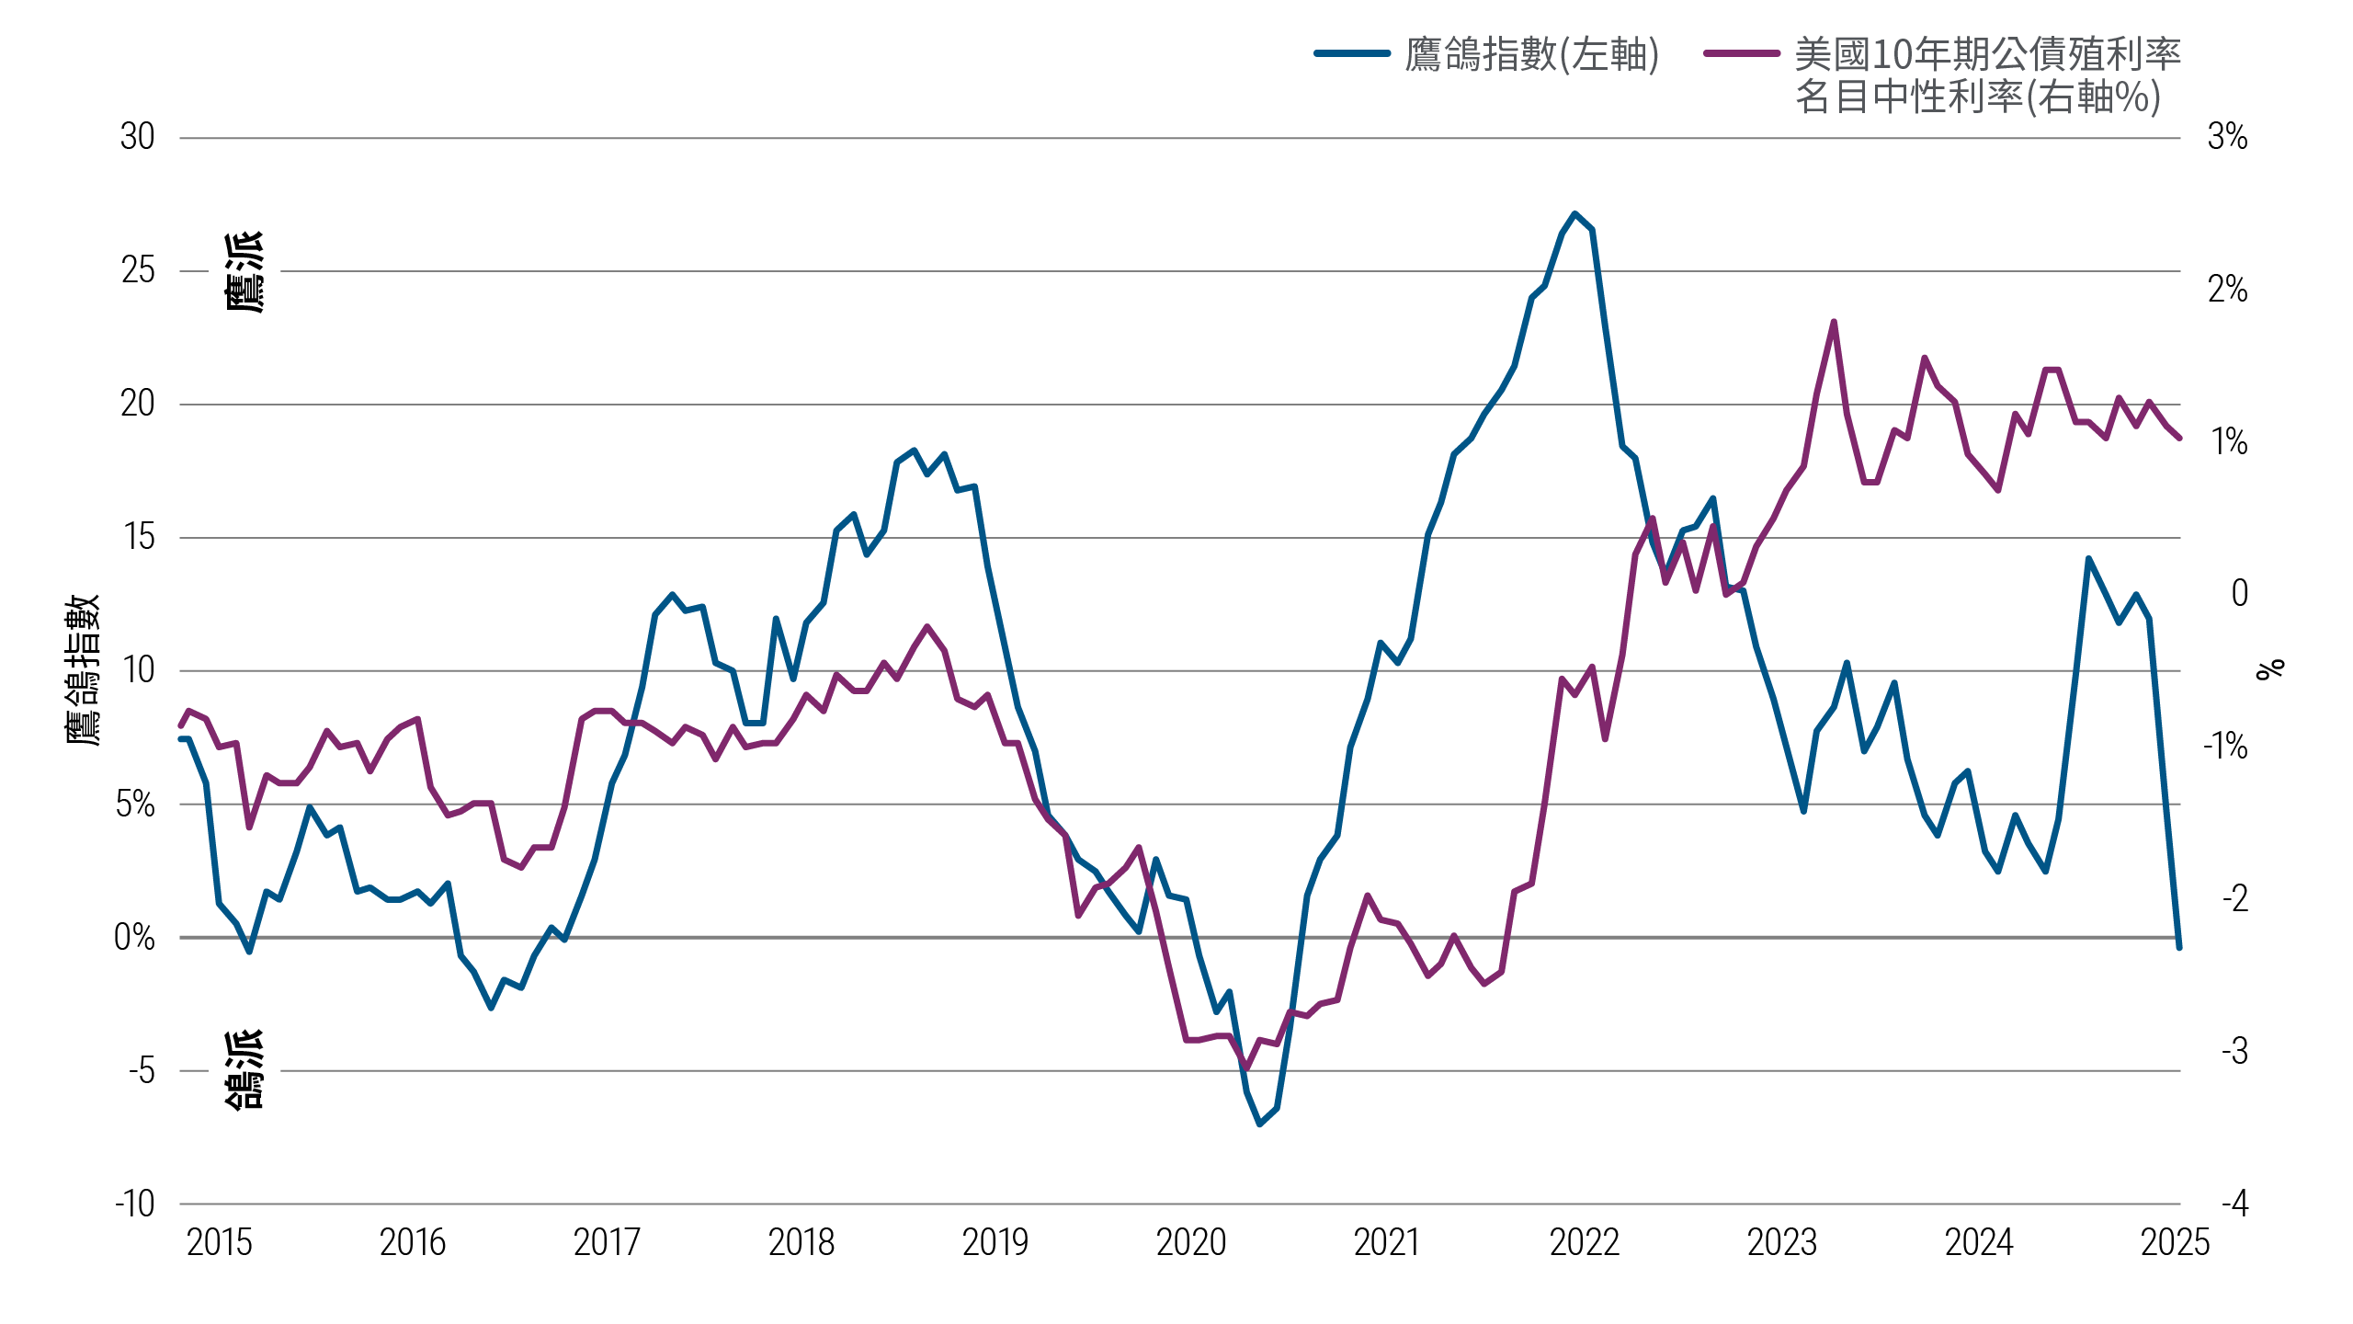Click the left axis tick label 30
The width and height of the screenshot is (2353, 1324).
point(138,138)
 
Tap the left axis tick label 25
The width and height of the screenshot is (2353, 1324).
point(138,271)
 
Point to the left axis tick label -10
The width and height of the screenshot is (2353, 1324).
point(135,1204)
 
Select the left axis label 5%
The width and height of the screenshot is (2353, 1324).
point(135,805)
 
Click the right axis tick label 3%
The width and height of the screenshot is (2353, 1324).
point(2227,138)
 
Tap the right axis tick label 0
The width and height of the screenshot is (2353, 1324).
point(2239,594)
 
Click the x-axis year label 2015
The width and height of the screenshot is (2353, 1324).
point(219,1243)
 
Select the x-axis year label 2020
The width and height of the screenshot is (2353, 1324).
point(1191,1243)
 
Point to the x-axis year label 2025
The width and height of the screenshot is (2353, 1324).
point(2175,1243)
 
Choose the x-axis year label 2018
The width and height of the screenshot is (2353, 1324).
point(801,1243)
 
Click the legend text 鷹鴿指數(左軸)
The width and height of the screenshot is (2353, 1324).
point(1532,55)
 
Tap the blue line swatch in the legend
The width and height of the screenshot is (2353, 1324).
point(1352,53)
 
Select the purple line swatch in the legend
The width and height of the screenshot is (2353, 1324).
point(1741,53)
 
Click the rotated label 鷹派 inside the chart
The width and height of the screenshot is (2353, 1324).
point(245,272)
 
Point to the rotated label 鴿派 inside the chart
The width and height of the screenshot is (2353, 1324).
point(245,1070)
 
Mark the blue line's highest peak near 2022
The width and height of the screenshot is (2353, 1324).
point(1574,213)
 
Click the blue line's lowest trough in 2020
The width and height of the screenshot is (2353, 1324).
point(1259,1124)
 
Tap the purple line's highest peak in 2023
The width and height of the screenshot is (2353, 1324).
point(1833,322)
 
